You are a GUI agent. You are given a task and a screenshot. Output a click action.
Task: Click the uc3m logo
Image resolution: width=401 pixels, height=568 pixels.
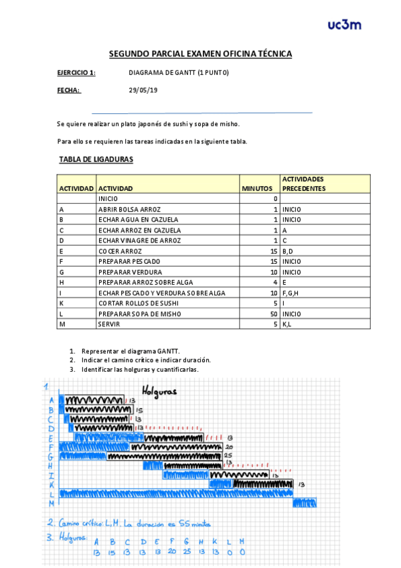(345, 25)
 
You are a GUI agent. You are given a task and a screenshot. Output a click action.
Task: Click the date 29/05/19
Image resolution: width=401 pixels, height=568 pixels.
(143, 90)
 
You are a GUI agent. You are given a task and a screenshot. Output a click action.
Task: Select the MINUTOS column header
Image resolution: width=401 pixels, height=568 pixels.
(257, 189)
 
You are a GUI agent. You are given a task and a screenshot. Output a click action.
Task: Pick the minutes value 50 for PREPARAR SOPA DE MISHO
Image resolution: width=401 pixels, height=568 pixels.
(274, 313)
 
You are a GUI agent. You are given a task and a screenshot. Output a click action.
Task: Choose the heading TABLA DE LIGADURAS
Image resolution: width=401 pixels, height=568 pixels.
(96, 159)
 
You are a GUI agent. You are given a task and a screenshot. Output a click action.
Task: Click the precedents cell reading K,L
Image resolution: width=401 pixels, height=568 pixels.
(289, 324)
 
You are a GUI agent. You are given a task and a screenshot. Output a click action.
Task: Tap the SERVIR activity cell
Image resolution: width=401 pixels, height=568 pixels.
(109, 324)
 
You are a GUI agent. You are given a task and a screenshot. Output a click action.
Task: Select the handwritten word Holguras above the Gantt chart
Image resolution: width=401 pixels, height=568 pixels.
(159, 391)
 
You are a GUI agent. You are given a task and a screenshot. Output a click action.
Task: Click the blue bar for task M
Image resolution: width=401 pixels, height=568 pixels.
(304, 503)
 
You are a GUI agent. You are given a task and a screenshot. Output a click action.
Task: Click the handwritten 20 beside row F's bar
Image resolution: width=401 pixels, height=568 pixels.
(229, 447)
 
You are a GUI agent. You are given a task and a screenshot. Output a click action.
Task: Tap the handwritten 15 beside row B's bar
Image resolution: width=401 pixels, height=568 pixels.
(139, 410)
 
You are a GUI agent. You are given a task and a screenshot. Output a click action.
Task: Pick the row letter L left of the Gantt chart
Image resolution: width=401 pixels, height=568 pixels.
(52, 494)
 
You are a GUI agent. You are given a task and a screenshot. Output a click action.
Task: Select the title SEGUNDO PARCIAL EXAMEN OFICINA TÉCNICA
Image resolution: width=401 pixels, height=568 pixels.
(200, 54)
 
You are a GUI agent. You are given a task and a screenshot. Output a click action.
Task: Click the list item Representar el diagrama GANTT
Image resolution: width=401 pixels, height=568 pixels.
(131, 351)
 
